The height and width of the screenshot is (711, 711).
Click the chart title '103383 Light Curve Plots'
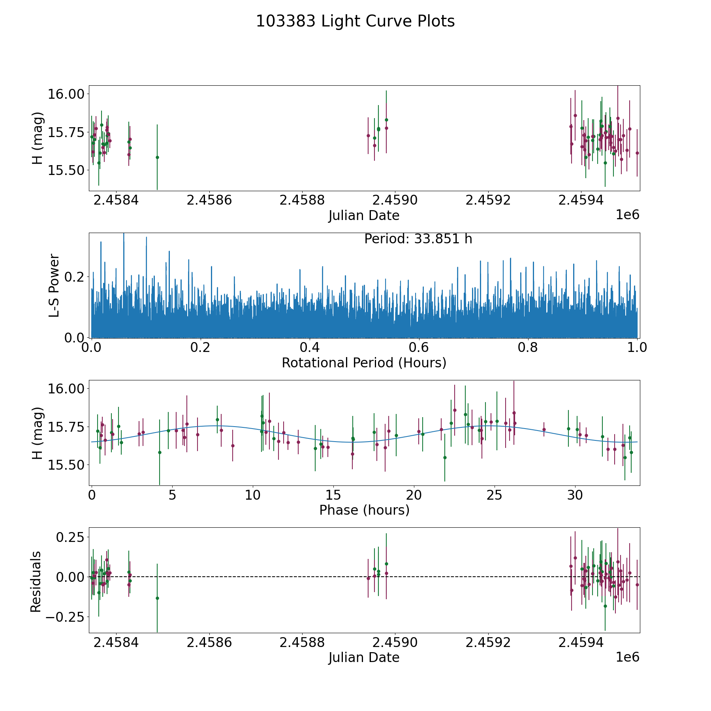coord(355,21)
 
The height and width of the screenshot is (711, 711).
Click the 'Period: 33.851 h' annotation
coord(418,239)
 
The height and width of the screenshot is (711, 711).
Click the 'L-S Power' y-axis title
coord(55,286)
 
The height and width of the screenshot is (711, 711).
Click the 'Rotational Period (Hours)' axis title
coord(364,363)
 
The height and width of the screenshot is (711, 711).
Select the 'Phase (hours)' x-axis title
coord(364,510)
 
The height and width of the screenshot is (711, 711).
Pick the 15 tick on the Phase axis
coord(333,495)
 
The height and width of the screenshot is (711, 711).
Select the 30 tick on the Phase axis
coord(575,495)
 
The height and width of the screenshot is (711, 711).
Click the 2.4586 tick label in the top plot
coord(209,200)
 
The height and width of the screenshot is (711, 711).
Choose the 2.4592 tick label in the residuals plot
coord(488,642)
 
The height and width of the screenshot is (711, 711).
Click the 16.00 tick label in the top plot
coord(66,94)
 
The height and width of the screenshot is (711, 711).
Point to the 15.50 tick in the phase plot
coord(66,465)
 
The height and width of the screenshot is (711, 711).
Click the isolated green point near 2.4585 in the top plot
coord(157,157)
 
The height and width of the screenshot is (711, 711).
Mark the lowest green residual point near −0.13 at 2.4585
coord(157,598)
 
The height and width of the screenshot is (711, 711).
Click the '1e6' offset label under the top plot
coord(627,215)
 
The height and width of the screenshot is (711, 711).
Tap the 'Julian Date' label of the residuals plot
coord(364,657)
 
